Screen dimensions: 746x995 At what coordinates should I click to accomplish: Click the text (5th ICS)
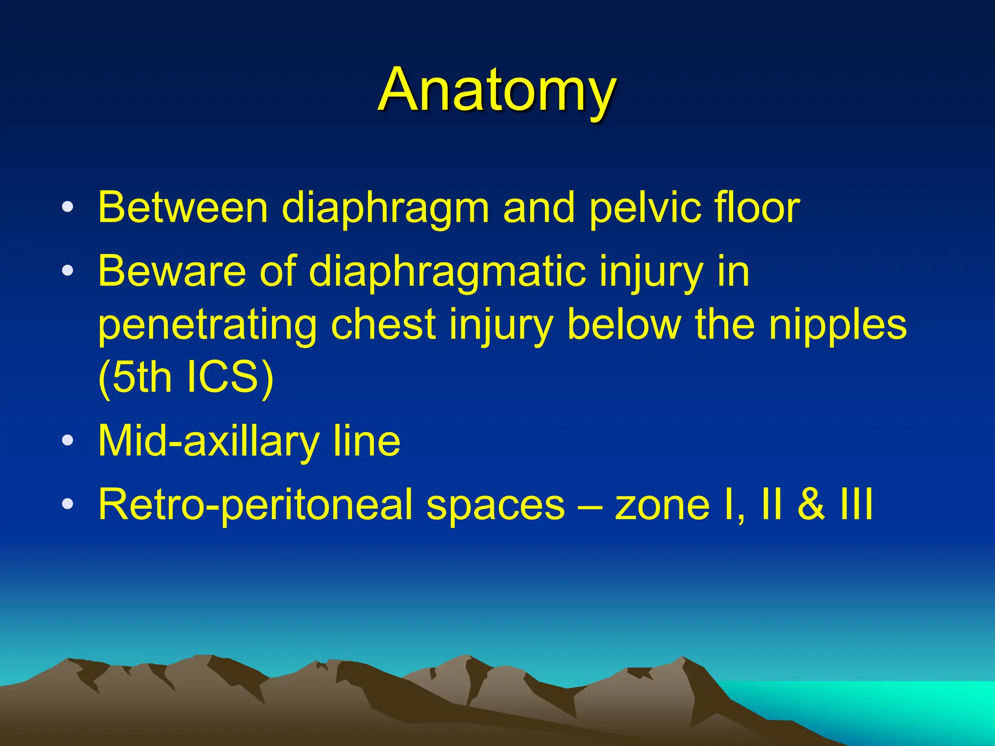coord(186,378)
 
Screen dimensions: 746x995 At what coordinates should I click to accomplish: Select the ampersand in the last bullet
coord(811,505)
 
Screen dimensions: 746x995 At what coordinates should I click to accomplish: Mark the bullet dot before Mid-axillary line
coord(68,441)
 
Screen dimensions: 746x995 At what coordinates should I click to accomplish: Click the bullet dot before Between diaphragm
coord(68,207)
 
